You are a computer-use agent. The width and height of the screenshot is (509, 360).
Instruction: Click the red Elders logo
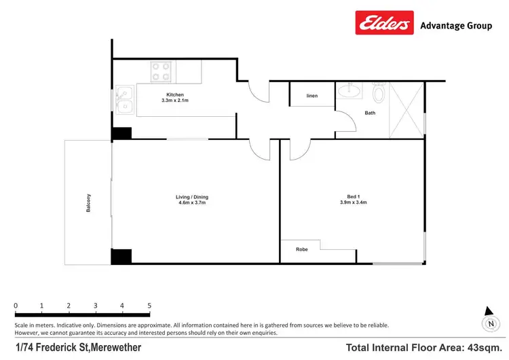coord(385,22)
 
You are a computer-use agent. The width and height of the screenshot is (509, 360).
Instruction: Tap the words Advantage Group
coord(456,26)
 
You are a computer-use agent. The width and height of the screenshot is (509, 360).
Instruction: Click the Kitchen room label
coord(175,95)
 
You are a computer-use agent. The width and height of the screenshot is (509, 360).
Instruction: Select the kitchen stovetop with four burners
coord(162,70)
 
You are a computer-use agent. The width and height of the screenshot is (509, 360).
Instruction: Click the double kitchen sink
coord(124,100)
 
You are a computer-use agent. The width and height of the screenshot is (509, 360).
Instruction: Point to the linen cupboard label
coord(312,96)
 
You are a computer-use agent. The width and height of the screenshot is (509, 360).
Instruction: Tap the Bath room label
coord(370,113)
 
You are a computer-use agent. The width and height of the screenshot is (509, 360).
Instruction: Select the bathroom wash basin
coord(352,89)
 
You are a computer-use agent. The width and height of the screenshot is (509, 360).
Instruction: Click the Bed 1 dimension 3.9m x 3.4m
coord(352,202)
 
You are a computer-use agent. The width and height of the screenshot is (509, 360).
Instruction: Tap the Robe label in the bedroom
coord(301,249)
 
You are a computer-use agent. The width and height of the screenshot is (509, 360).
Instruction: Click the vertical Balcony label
coord(89,203)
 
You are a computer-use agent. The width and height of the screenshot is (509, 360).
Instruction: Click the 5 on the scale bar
coord(149,306)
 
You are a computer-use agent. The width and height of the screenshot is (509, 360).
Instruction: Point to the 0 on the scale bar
coord(16,306)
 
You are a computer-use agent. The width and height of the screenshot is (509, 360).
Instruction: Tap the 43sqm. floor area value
coord(483,348)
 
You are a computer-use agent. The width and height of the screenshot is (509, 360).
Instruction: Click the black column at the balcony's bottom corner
coord(121,257)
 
